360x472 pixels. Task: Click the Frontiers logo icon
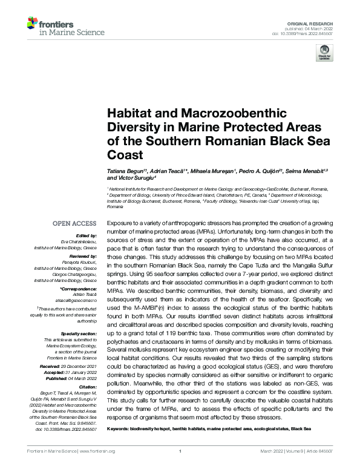[33, 24]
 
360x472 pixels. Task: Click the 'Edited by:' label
[85, 235]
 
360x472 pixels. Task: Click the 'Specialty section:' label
[79, 333]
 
